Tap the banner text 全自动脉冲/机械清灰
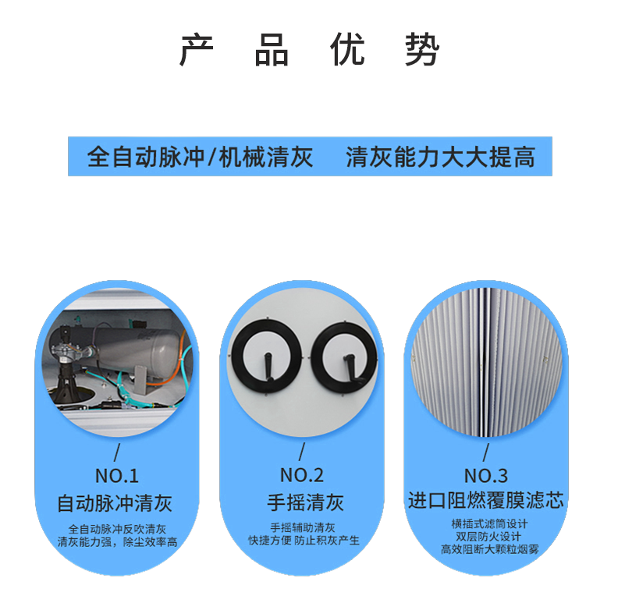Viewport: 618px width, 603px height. coord(200,157)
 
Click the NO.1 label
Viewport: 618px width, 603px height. coord(116,475)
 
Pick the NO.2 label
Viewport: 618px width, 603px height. coord(301,475)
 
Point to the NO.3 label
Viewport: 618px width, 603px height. coord(485,475)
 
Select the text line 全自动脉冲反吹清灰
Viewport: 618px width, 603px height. coord(117,528)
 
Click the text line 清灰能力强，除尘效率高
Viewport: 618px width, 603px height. coord(117,541)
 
